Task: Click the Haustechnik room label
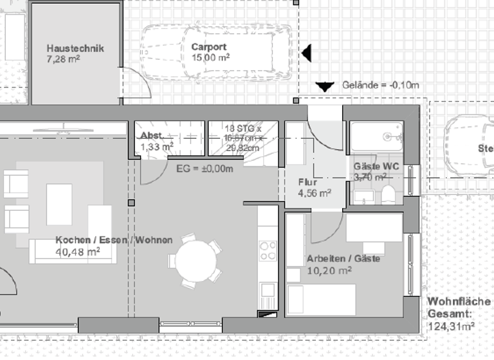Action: [x=75, y=48]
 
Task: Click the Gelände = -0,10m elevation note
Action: [x=381, y=85]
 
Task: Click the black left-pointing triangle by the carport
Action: [x=307, y=53]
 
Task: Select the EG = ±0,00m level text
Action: [x=205, y=169]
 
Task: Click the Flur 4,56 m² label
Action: [x=315, y=187]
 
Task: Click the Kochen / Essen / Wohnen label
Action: [x=114, y=240]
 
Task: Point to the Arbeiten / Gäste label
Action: [x=343, y=259]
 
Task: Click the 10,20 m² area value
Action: [x=329, y=271]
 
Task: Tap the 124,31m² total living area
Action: [x=451, y=326]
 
